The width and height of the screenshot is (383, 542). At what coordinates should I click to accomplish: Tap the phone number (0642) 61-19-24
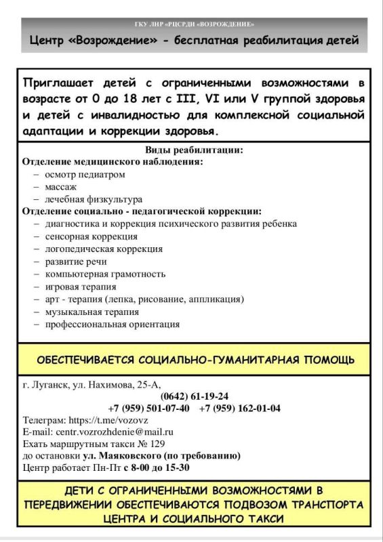[195, 396]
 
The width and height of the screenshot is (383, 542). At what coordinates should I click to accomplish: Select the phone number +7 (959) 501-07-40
[148, 408]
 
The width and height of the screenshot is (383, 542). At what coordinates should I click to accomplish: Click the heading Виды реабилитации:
[194, 150]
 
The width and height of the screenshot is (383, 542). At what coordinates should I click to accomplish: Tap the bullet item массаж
[61, 186]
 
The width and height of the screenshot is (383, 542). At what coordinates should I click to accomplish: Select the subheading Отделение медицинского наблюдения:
[113, 162]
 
